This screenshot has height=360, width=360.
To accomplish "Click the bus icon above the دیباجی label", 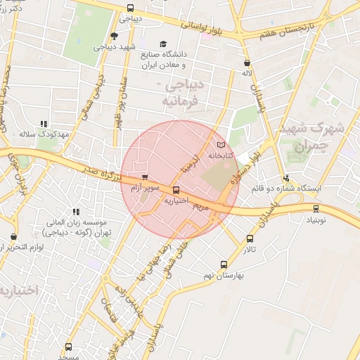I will [129, 8].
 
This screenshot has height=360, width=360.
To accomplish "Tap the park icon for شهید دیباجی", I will [114, 36].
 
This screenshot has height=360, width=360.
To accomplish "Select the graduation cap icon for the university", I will [164, 44].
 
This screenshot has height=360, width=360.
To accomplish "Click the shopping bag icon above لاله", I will [246, 62].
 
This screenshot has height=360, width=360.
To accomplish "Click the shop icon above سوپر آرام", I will [145, 178].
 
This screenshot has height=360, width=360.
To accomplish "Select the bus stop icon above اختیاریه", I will [176, 190].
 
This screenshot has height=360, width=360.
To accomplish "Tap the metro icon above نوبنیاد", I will [316, 208].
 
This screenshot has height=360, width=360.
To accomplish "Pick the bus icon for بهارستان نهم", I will [224, 265].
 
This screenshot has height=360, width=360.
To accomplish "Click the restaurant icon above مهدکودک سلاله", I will [44, 123].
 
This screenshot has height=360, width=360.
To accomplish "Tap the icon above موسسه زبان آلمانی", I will [76, 211].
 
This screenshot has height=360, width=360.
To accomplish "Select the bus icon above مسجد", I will [68, 347].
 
